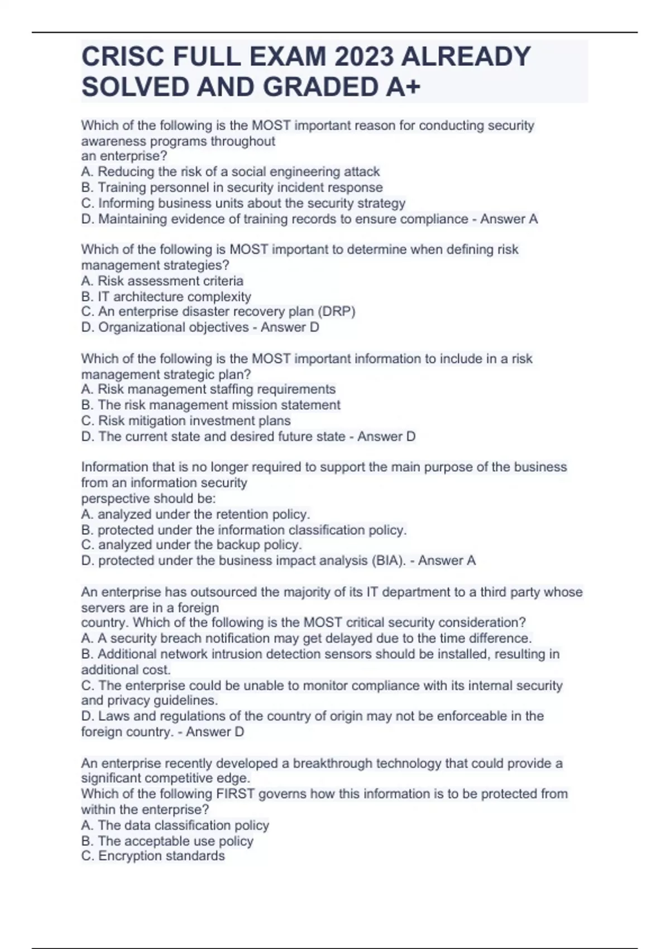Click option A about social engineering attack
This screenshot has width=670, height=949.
(230, 171)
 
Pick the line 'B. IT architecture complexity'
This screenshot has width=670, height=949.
(166, 296)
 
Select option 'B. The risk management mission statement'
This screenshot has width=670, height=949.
(210, 405)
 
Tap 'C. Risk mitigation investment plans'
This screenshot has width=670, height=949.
(186, 420)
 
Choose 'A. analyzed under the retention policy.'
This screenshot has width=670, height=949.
(195, 514)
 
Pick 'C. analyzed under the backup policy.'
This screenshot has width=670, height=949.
(192, 545)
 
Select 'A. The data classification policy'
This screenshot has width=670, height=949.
(175, 825)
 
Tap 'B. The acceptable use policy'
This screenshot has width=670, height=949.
(167, 841)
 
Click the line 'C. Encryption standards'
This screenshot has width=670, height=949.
(153, 856)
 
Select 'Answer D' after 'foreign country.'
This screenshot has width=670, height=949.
(215, 731)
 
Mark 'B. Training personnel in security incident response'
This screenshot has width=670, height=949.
(232, 187)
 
